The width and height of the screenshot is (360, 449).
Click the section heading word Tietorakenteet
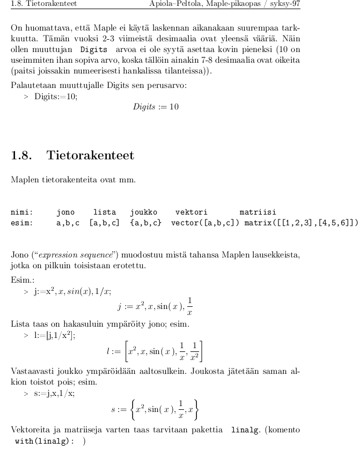point(91,156)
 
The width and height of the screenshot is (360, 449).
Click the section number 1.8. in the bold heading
point(23,156)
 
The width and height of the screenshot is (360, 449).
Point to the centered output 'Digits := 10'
point(156,106)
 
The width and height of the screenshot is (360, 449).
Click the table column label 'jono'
point(65,212)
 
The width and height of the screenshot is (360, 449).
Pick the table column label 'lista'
point(105,212)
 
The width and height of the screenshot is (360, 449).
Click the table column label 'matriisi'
point(258,212)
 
